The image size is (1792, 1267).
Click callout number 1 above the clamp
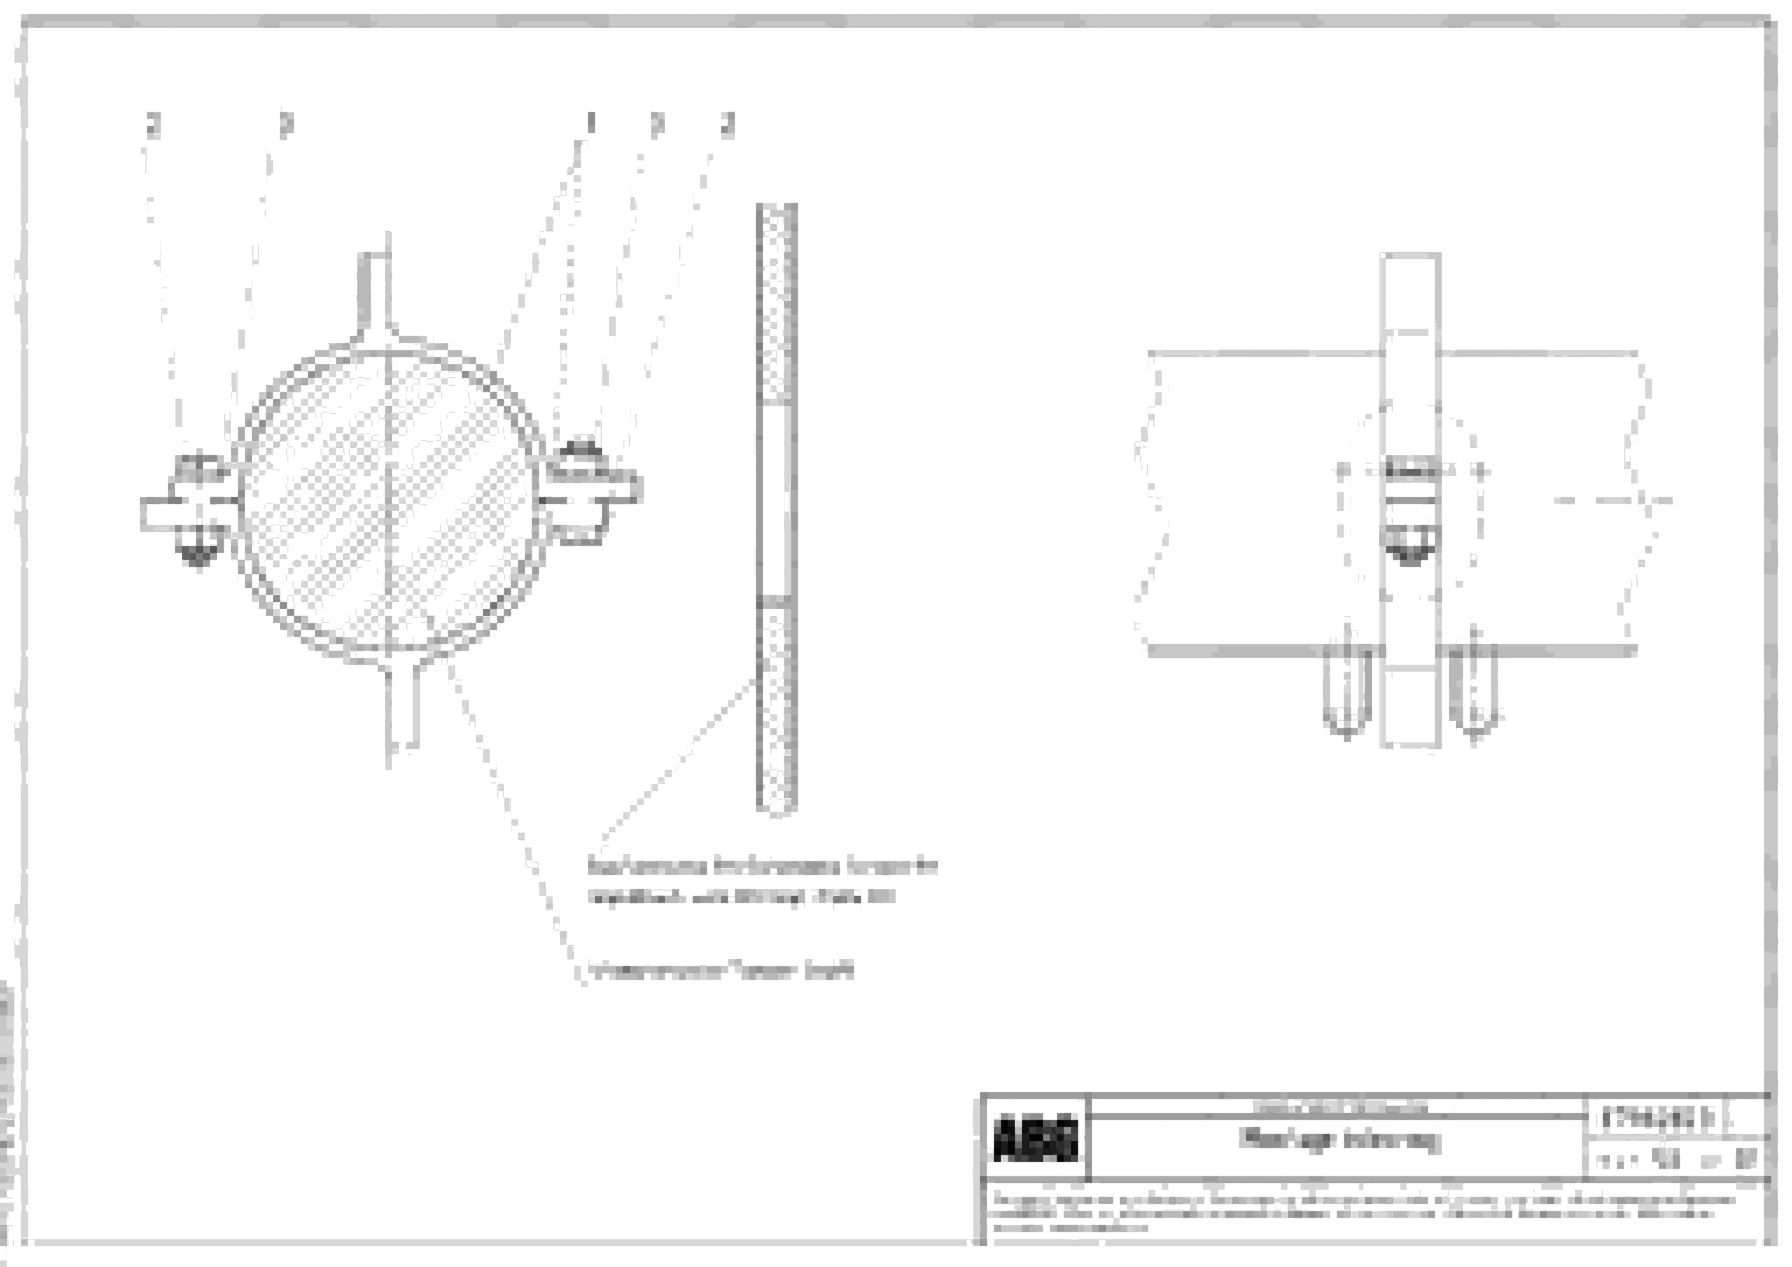(x=591, y=123)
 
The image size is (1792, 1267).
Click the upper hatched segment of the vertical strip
(x=776, y=304)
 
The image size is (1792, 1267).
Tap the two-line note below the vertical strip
(x=761, y=882)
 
